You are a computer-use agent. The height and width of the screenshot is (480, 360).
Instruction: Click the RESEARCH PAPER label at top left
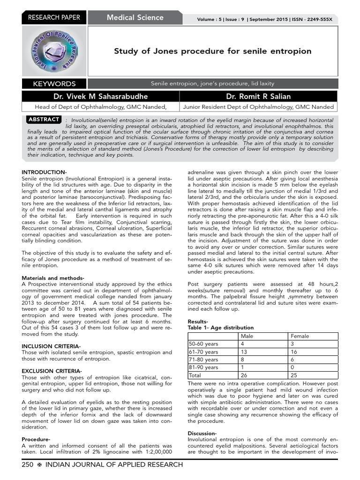[x=54, y=18]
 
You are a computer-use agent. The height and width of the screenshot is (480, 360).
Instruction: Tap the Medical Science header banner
[x=135, y=18]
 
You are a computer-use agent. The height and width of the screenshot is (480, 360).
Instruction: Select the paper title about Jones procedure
[x=212, y=51]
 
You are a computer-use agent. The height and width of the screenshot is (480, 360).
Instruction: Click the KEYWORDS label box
[x=54, y=84]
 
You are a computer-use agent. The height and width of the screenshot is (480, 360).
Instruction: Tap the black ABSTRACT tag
[x=44, y=120]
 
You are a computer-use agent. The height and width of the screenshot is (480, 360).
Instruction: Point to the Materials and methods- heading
[x=53, y=277]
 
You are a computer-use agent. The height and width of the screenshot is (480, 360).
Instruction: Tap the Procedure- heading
[x=36, y=439]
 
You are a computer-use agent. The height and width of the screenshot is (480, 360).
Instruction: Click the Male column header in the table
[x=247, y=336]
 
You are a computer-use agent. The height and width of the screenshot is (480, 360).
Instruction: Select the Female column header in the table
[x=300, y=336]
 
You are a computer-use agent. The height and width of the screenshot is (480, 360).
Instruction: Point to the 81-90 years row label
[x=203, y=367]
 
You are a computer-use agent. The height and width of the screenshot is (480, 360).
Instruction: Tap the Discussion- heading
[x=202, y=433]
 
